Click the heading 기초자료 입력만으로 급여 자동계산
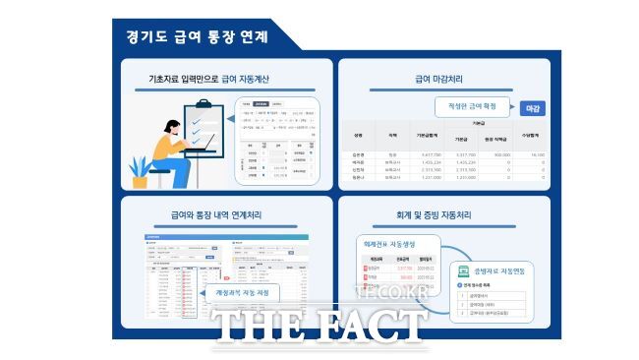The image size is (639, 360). tap(208, 78)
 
